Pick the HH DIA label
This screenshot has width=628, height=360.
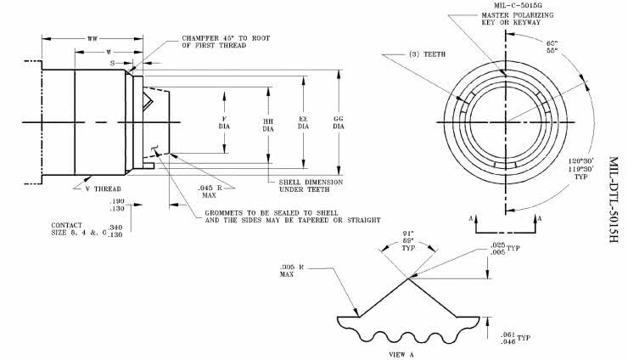[x=267, y=125]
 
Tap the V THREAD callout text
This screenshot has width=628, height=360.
[x=104, y=188]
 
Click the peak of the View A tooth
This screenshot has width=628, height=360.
[x=410, y=277]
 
